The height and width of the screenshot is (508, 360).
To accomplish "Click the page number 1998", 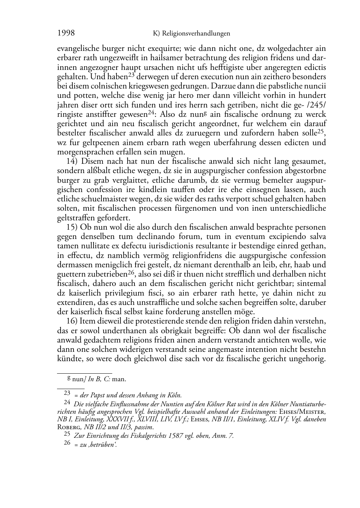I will (x=66, y=33).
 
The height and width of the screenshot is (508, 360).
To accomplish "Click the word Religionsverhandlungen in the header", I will (x=196, y=34).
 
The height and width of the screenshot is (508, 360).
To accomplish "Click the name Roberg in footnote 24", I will (x=68, y=427).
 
